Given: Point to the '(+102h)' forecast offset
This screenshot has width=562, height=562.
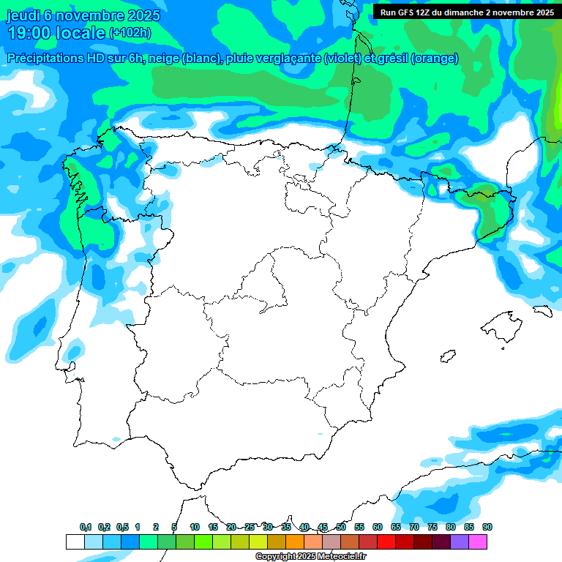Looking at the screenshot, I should [130, 33].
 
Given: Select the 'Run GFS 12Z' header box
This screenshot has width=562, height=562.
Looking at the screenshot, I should [467, 12].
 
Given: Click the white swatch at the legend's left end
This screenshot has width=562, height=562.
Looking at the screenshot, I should [75, 542].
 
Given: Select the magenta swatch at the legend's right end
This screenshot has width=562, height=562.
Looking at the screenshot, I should [478, 542].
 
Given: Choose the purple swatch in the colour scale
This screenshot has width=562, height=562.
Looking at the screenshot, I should [460, 542].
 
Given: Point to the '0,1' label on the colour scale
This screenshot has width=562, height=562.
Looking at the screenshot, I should [86, 527].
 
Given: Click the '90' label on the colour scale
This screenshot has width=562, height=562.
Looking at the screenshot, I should [487, 527].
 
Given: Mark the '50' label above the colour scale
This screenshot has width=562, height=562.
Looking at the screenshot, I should [341, 527].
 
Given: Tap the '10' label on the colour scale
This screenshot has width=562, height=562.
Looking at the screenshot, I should [195, 527].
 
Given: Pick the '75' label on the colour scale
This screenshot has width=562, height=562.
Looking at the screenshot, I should [432, 527].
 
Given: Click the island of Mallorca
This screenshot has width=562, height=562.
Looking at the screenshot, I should [501, 323].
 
